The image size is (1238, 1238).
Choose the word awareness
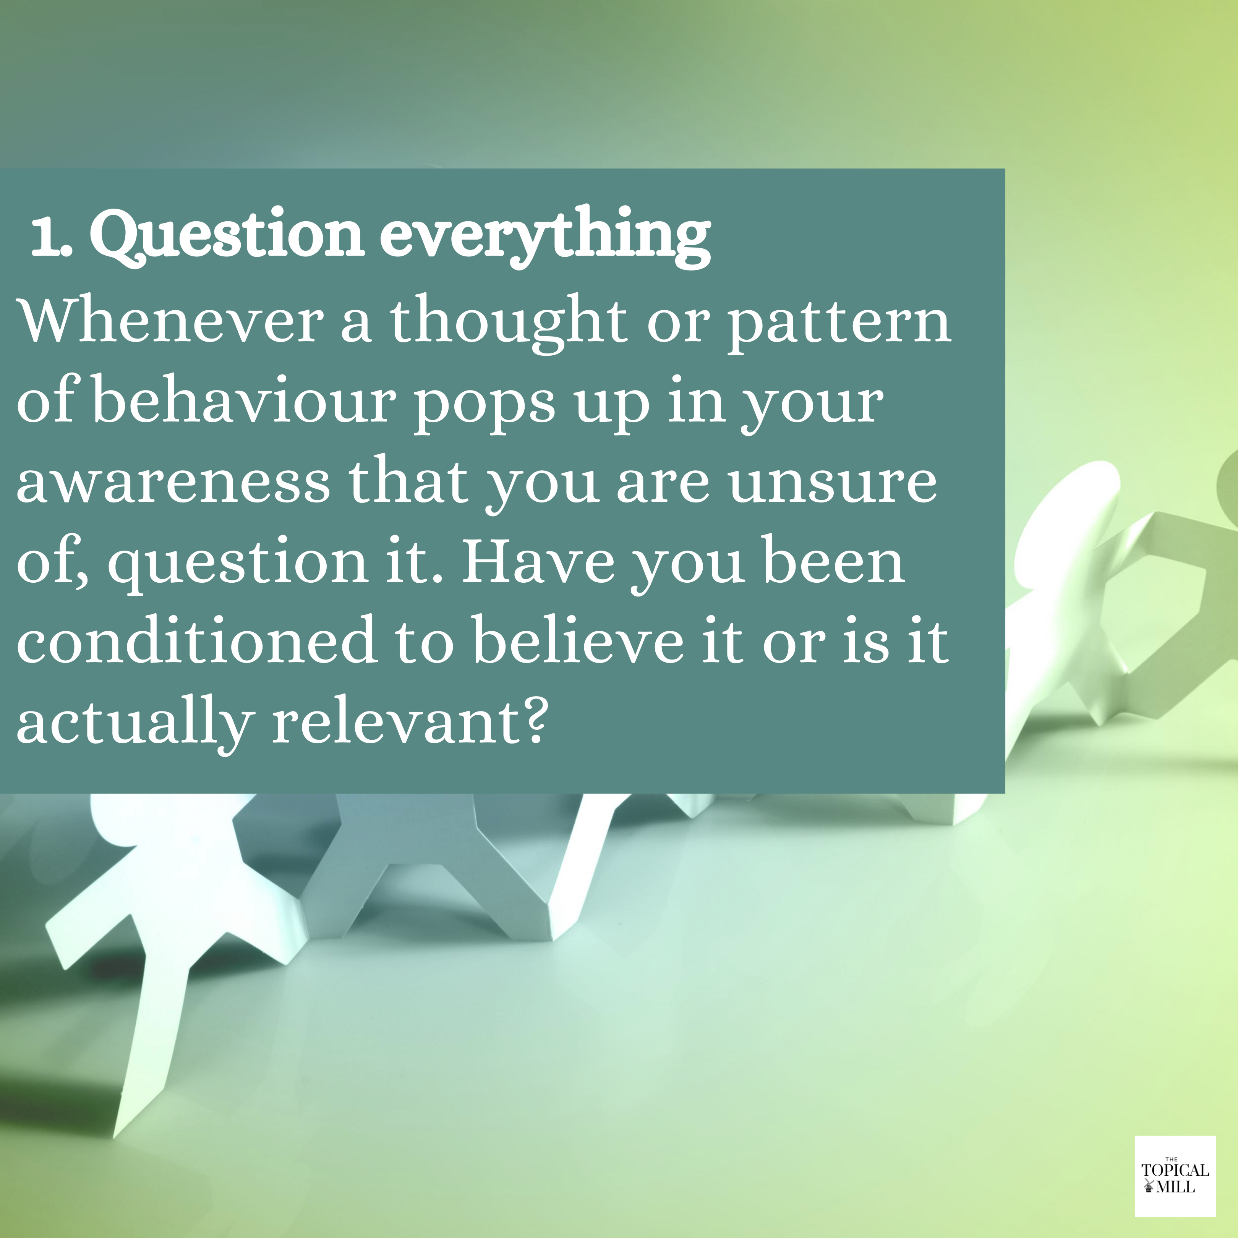pos(173,484)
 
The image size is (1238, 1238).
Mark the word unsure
pos(832,484)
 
